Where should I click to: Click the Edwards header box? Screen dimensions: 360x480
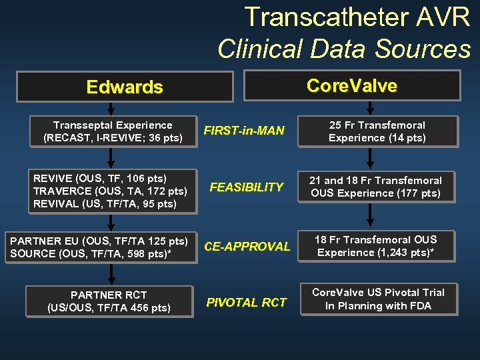coord(125,87)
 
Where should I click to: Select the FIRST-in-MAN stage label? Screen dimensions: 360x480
coord(244,131)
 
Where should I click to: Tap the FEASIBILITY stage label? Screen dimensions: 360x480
coord(246,187)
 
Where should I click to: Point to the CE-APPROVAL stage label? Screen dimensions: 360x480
coord(247,246)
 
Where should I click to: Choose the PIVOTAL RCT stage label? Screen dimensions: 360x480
coord(246,302)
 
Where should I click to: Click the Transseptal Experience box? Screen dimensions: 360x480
coord(113,132)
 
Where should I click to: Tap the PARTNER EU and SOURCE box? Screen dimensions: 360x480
coord(100,247)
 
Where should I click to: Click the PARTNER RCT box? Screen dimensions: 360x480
coord(109,301)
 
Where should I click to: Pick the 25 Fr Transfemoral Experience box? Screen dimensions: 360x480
coord(377,132)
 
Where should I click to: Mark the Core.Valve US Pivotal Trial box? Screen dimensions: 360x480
coord(378,299)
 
